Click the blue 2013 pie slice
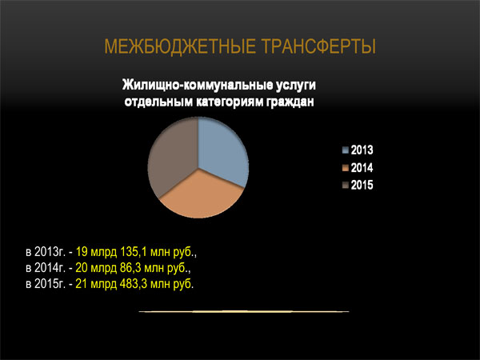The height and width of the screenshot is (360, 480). click(x=221, y=150)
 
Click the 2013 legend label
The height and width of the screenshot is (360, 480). click(x=362, y=150)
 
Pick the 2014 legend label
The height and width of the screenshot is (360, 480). click(x=362, y=168)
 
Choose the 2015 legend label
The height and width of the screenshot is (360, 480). click(x=362, y=186)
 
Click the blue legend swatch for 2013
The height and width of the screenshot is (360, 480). click(x=346, y=150)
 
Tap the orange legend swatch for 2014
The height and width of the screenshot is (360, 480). click(x=346, y=168)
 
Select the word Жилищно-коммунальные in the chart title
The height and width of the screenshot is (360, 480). click(x=197, y=85)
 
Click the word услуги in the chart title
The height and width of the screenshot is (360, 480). click(x=296, y=86)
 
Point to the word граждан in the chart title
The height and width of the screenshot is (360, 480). click(x=290, y=102)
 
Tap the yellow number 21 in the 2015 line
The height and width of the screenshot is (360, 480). click(x=82, y=284)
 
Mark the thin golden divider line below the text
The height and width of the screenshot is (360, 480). click(x=244, y=312)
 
